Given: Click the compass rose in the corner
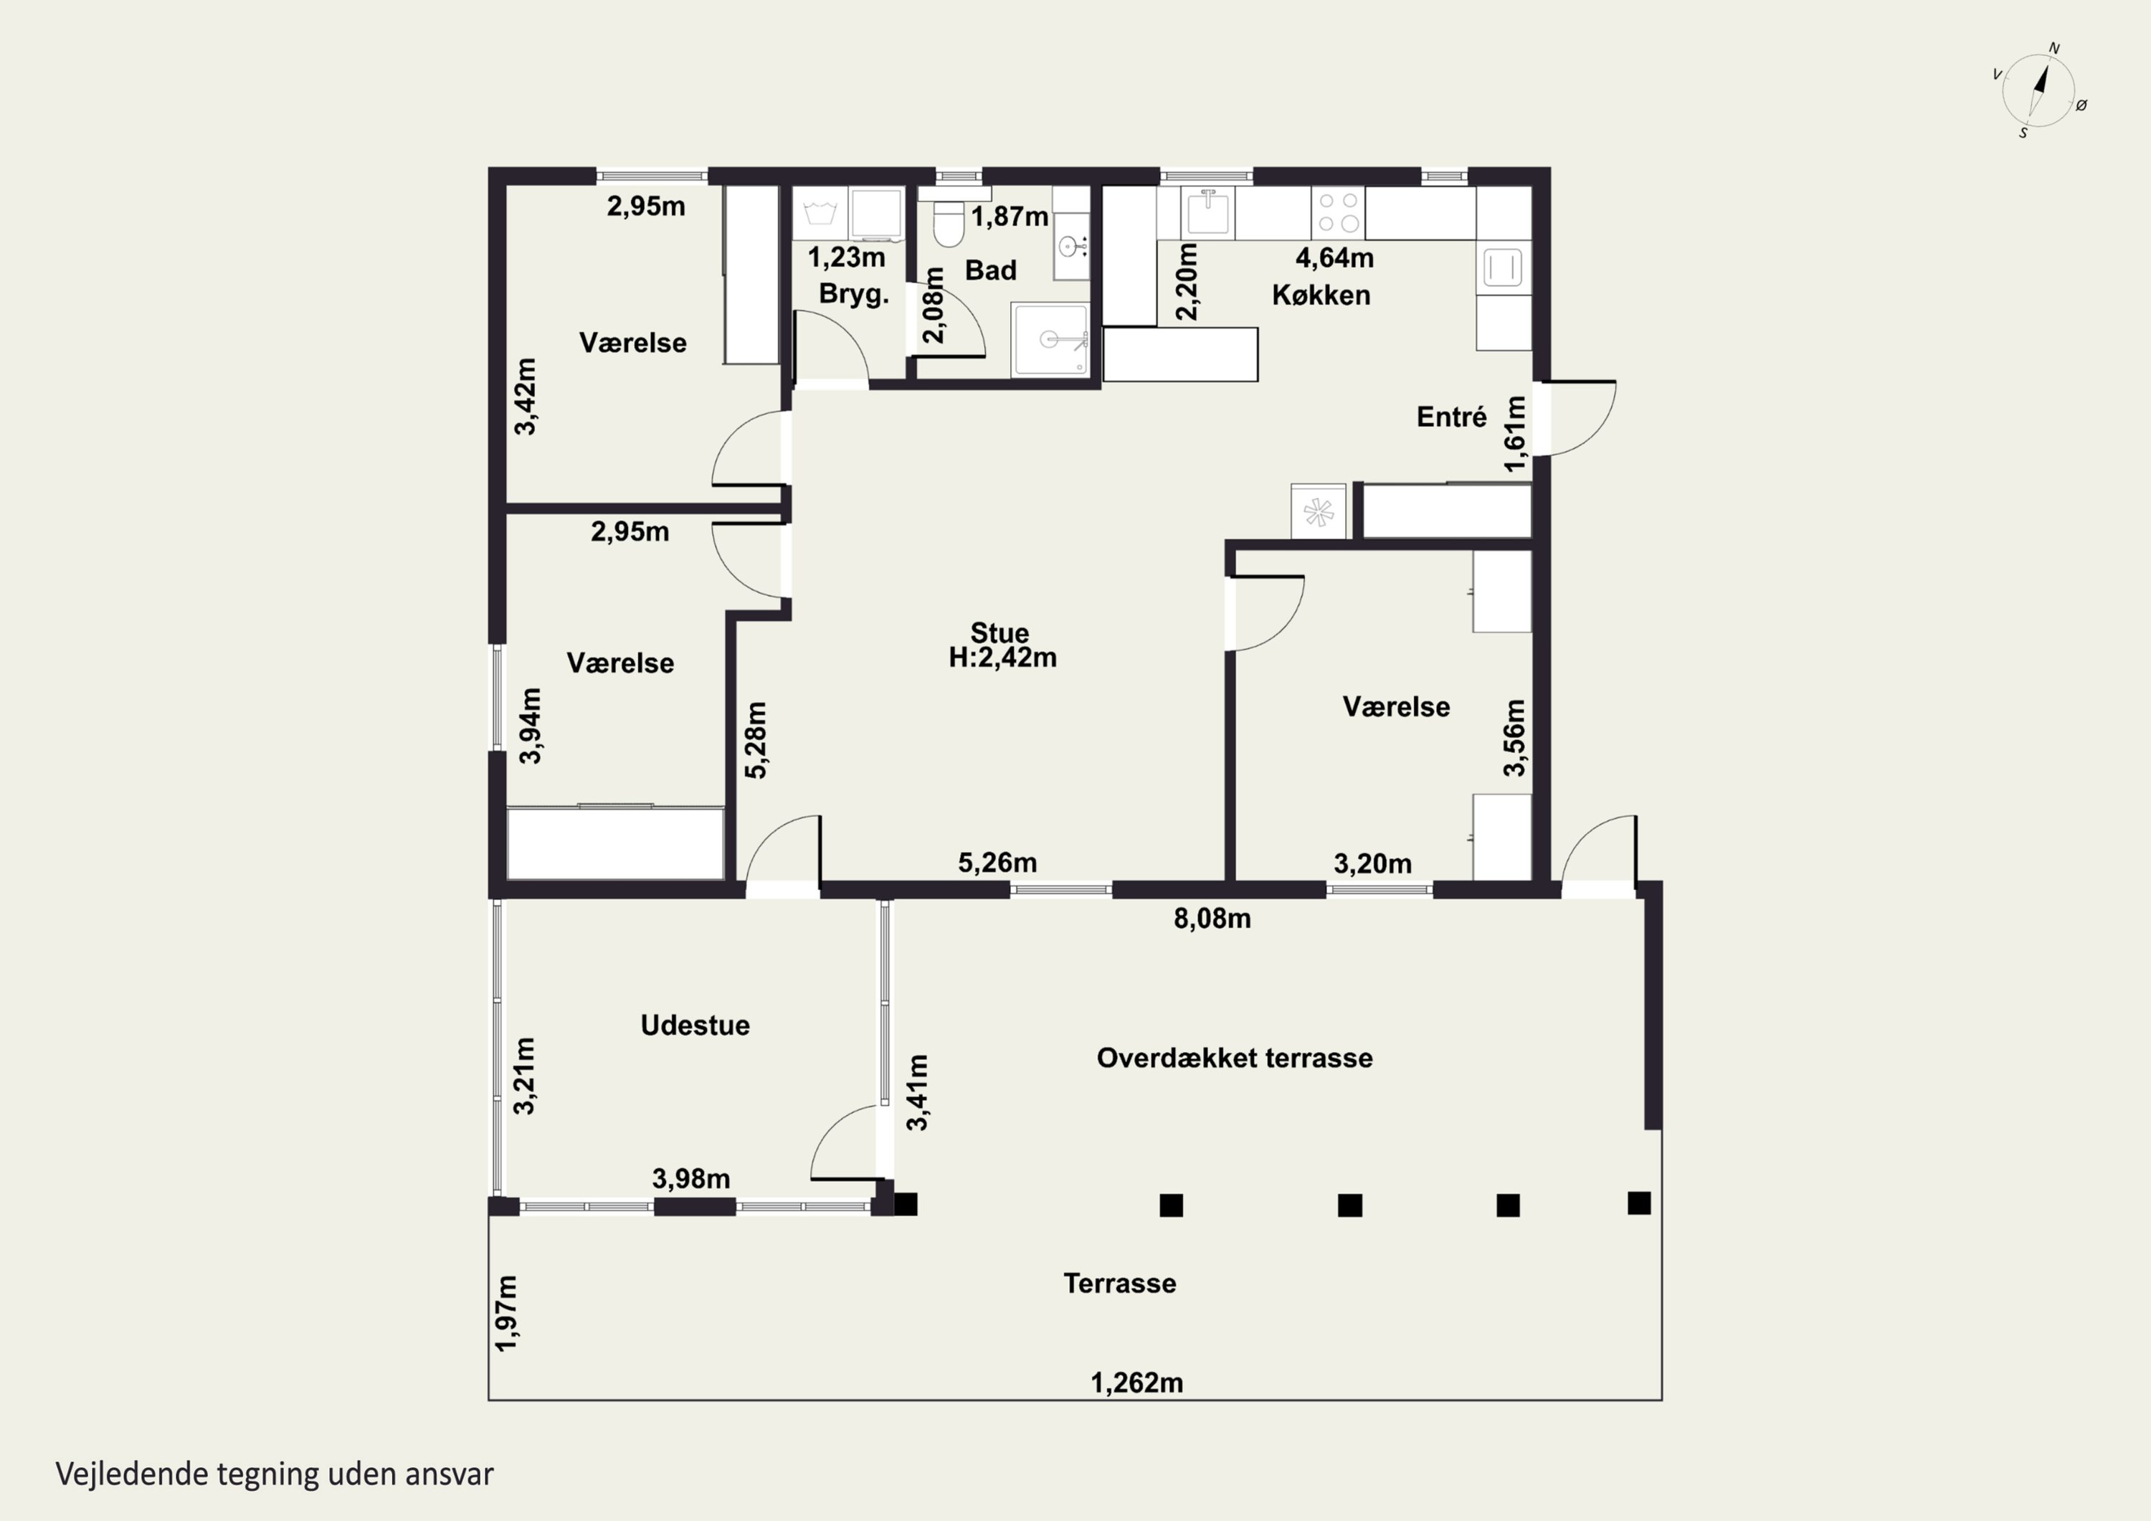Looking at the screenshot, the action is (x=2038, y=90).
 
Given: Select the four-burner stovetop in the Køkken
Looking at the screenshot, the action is (x=1337, y=212).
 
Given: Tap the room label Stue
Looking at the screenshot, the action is (x=999, y=632).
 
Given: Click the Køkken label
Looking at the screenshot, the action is (x=1321, y=295).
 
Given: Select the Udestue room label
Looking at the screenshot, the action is (x=695, y=1025).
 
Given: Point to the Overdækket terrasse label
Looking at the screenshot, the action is (x=1235, y=1058).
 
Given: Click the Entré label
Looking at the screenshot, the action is (x=1451, y=417).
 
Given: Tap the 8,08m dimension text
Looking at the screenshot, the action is (x=1212, y=919).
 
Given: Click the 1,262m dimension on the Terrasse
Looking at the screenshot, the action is (x=1136, y=1383).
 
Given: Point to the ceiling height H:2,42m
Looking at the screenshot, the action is (x=1002, y=658).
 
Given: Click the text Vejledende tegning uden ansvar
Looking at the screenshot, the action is (x=275, y=1474).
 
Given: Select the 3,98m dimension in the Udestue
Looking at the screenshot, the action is (x=691, y=1179).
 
